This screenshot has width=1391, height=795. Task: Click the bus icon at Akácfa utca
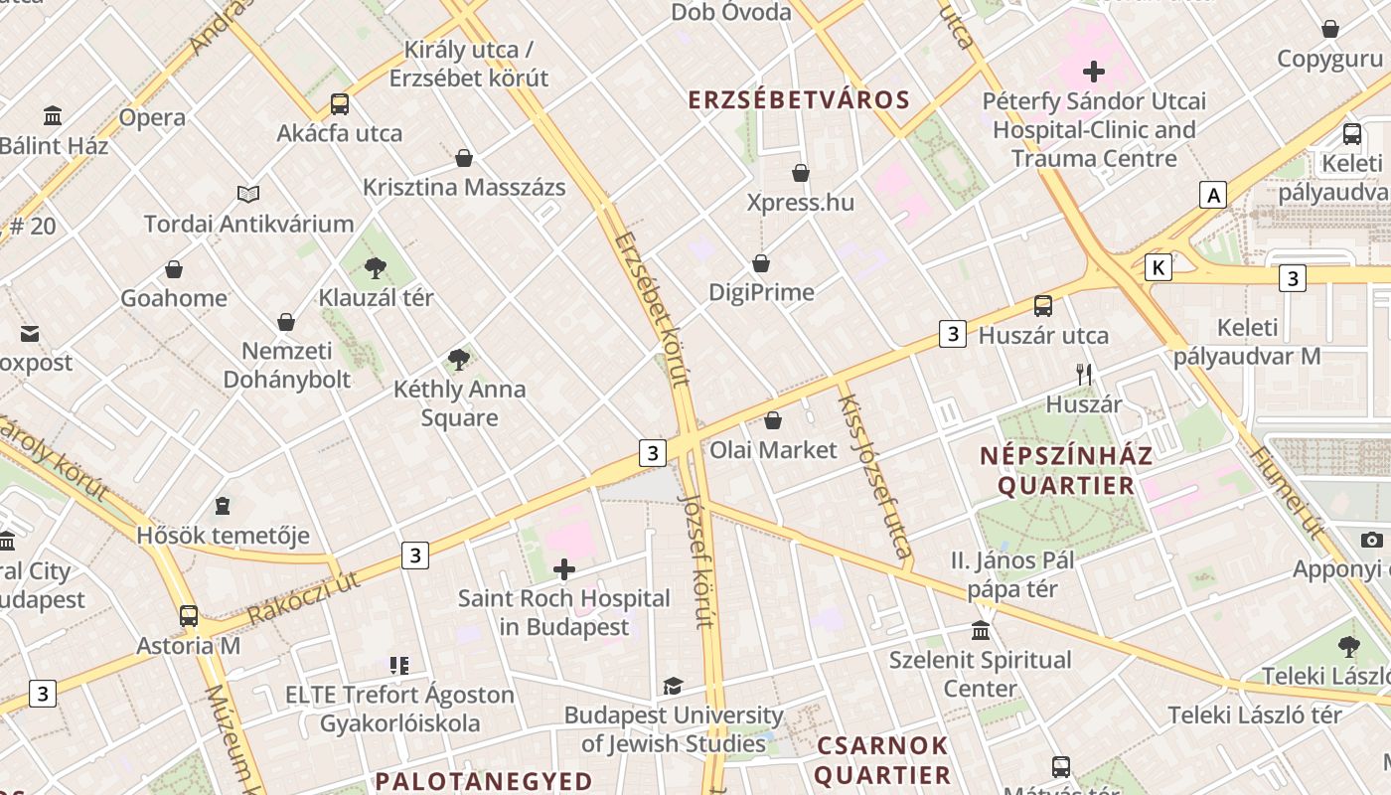coord(340,103)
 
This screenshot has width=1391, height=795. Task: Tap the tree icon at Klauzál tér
coord(375,266)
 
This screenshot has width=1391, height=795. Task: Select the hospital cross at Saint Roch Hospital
coord(564,569)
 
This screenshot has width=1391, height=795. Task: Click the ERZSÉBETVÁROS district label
coord(800,99)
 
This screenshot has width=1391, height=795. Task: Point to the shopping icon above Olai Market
coord(773,420)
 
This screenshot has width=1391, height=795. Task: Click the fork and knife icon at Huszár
coord(1084,375)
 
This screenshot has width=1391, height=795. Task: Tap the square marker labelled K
coord(1158,266)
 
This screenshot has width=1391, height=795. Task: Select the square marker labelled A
coord(1212,195)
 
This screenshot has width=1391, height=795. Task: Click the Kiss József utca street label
coord(875,476)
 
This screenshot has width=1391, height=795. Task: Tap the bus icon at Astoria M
coord(189,615)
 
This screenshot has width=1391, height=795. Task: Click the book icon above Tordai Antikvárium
coord(248,194)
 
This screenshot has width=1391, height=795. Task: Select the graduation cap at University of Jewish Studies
coord(673,686)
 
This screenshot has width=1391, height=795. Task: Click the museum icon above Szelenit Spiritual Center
coord(981,631)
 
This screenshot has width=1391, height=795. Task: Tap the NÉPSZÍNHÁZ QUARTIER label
coord(1066,470)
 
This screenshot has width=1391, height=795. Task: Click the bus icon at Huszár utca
coord(1043,305)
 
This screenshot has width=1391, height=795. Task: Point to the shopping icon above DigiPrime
coord(761,263)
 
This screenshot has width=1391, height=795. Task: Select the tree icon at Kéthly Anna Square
coord(458,359)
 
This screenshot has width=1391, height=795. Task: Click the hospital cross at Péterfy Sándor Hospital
coord(1094,72)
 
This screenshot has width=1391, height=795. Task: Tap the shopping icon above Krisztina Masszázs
coord(464,158)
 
